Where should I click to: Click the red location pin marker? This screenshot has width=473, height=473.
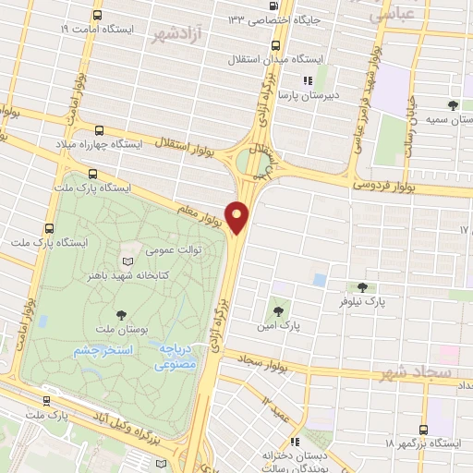point(238,216)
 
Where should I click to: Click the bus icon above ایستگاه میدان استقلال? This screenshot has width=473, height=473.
point(275,44)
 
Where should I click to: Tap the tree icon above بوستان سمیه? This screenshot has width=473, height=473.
point(452,105)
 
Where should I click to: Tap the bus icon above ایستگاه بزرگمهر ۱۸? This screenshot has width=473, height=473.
point(423,429)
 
